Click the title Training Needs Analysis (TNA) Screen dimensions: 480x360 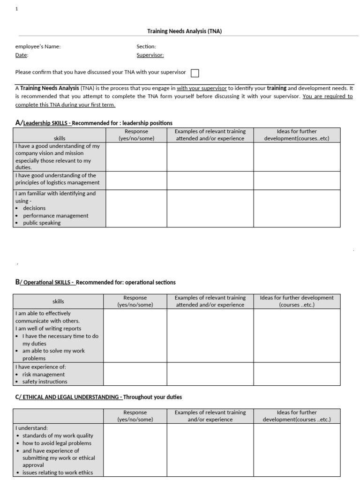[184, 31]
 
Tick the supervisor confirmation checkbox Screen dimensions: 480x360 [195, 73]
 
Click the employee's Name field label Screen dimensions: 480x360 [38, 46]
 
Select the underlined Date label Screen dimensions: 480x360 [22, 55]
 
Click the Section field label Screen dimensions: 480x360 [146, 46]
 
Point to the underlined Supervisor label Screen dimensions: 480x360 [150, 55]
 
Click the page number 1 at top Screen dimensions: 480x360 [17, 9]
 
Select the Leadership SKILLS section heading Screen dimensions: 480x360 [94, 123]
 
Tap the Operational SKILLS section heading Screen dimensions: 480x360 [96, 282]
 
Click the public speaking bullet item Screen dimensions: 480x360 [42, 223]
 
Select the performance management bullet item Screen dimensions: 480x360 [55, 216]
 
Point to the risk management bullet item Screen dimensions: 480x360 [44, 375]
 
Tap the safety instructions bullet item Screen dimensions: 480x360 [45, 382]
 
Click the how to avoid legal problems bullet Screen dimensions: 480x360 [57, 443]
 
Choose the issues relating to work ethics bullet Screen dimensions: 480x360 [58, 472]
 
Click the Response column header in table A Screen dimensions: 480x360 [136, 135]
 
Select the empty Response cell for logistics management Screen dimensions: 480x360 [136, 180]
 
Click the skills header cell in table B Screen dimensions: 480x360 [58, 301]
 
